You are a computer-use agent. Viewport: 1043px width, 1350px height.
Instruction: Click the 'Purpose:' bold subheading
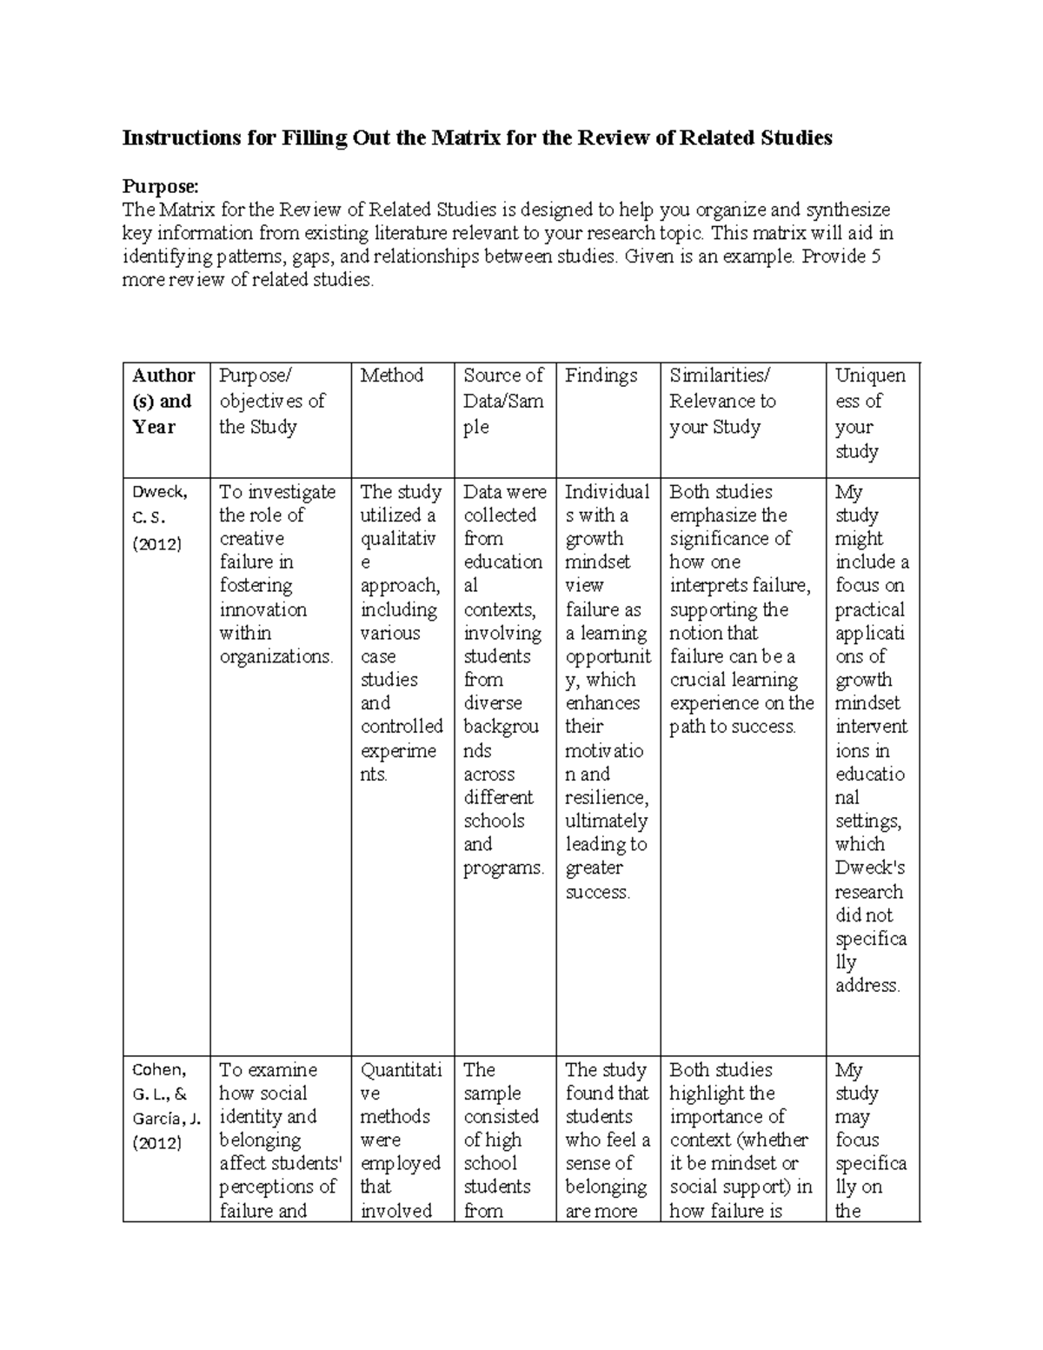tap(161, 186)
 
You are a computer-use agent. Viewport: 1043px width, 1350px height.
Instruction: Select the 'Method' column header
tap(391, 376)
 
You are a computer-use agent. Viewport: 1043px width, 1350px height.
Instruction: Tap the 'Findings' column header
tap(601, 376)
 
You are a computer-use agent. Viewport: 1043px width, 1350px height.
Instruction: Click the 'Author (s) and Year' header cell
tap(163, 401)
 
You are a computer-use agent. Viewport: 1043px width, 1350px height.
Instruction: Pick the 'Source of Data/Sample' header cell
tap(503, 401)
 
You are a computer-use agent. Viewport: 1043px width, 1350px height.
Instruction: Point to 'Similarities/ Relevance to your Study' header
tap(721, 401)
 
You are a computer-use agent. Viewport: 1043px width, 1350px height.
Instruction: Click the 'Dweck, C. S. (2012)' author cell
tap(159, 517)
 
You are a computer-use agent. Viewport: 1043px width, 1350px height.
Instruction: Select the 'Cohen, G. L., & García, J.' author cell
tap(165, 1106)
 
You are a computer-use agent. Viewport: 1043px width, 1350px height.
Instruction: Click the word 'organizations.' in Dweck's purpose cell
tap(276, 657)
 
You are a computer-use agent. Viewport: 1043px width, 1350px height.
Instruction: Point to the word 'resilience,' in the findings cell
tap(607, 798)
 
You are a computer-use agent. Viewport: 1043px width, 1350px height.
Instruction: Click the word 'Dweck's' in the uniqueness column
tap(870, 868)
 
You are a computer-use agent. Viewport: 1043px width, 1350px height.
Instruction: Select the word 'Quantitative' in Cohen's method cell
tap(400, 1081)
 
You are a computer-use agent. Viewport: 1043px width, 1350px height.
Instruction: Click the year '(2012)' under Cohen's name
tap(156, 1143)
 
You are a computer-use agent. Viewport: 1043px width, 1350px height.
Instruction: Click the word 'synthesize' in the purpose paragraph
tap(848, 210)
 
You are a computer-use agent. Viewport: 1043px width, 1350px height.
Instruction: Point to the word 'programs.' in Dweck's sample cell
tap(503, 868)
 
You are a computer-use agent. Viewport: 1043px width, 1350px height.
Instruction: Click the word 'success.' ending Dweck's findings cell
tap(597, 892)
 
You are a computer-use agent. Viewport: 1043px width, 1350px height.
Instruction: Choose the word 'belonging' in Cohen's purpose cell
tap(260, 1141)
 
